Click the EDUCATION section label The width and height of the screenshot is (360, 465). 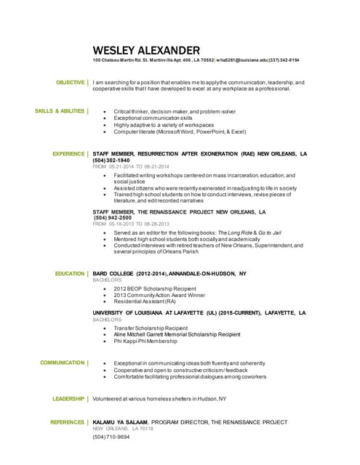coord(70,273)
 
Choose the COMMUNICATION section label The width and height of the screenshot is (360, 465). coord(63,362)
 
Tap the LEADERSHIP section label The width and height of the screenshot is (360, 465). coord(68,399)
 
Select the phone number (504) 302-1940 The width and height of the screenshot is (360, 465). coord(111,161)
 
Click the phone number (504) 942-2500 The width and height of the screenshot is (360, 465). coord(113,217)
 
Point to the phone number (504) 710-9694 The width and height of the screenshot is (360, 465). coord(111,437)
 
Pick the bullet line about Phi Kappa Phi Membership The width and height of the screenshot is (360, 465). coord(145,341)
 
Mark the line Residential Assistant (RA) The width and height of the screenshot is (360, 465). coord(145,302)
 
